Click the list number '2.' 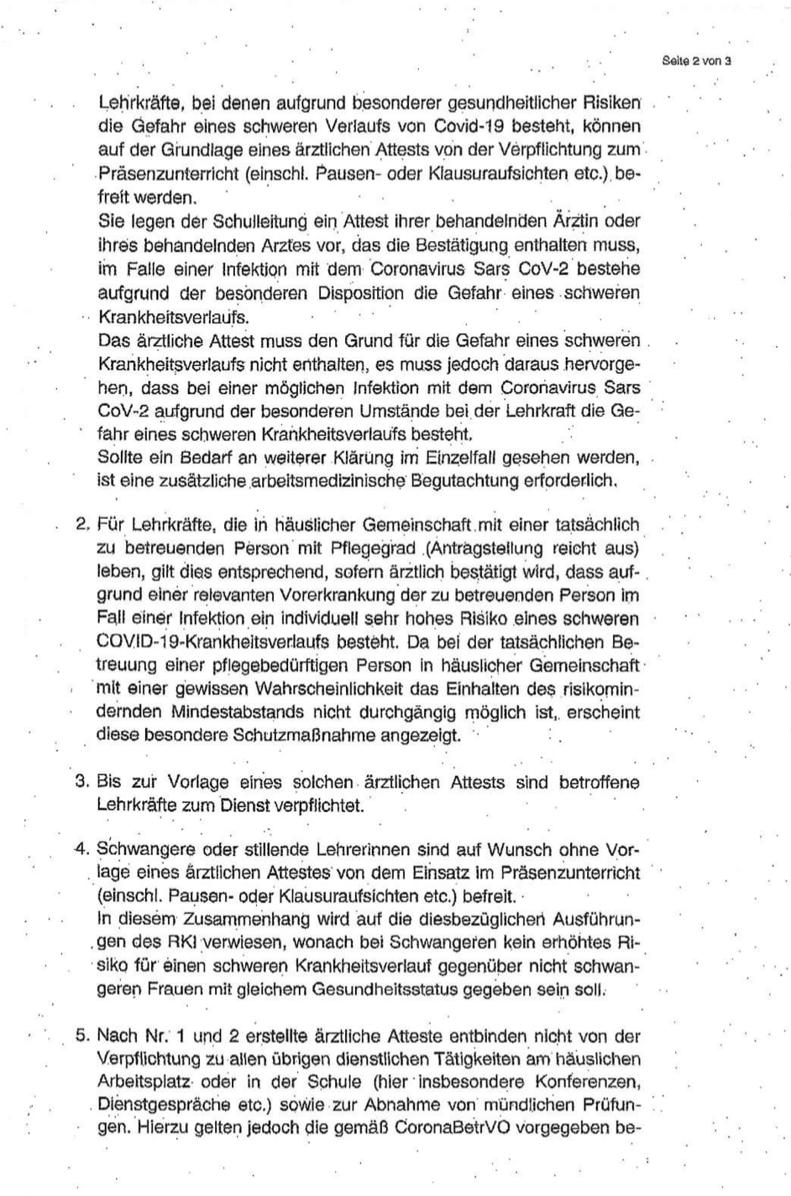(82, 525)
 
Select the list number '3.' (82, 782)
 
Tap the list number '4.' (82, 847)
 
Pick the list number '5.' (82, 1036)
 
